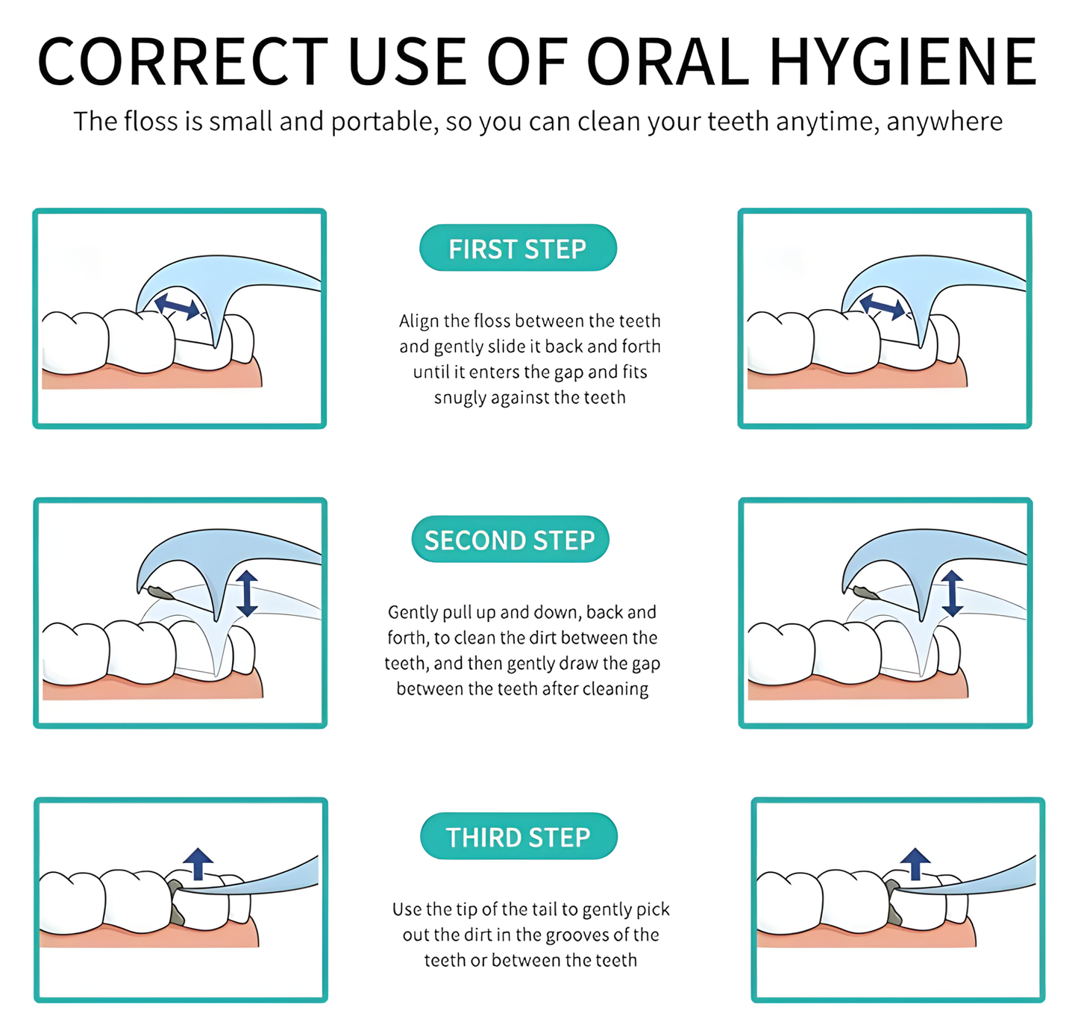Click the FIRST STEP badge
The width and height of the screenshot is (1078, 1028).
point(518,249)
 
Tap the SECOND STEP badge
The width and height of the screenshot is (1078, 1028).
point(510,540)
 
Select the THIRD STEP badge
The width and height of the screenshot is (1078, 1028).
point(518,837)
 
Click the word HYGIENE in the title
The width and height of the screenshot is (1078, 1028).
point(903,62)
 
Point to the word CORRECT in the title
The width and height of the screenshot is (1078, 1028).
point(183,62)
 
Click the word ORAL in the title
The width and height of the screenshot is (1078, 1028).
point(668,62)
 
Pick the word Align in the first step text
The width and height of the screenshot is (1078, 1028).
point(419,321)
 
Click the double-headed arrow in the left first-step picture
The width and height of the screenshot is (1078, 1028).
point(178,306)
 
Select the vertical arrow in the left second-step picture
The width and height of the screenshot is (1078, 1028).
point(247,594)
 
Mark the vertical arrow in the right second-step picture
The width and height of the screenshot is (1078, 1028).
point(952,594)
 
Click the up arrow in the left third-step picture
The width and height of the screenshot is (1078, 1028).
point(198,863)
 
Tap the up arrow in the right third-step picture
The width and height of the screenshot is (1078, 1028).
point(915,863)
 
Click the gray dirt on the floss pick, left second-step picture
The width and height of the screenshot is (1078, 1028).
point(160,594)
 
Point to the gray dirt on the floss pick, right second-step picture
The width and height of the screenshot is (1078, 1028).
point(865,594)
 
